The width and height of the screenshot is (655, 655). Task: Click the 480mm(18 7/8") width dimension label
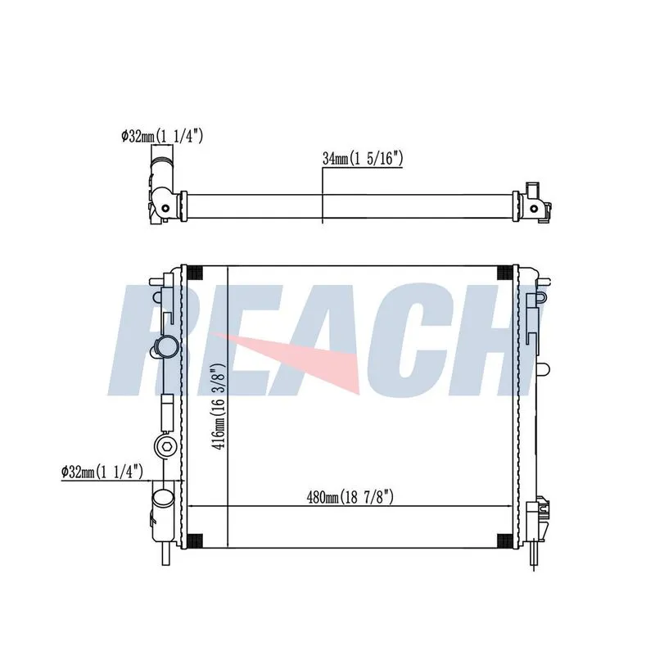350,497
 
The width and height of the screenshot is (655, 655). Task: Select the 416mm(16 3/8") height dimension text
219,406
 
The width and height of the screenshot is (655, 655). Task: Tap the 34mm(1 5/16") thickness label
362,159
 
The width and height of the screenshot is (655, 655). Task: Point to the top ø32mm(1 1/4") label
162,136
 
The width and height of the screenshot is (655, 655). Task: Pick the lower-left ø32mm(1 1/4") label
102,472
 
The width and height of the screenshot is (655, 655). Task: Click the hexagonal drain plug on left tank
166,446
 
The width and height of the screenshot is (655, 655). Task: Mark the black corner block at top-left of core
194,273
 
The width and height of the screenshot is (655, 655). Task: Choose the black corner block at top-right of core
505,273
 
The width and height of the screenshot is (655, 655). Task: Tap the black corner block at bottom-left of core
194,540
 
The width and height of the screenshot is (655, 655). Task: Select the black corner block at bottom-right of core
505,540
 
